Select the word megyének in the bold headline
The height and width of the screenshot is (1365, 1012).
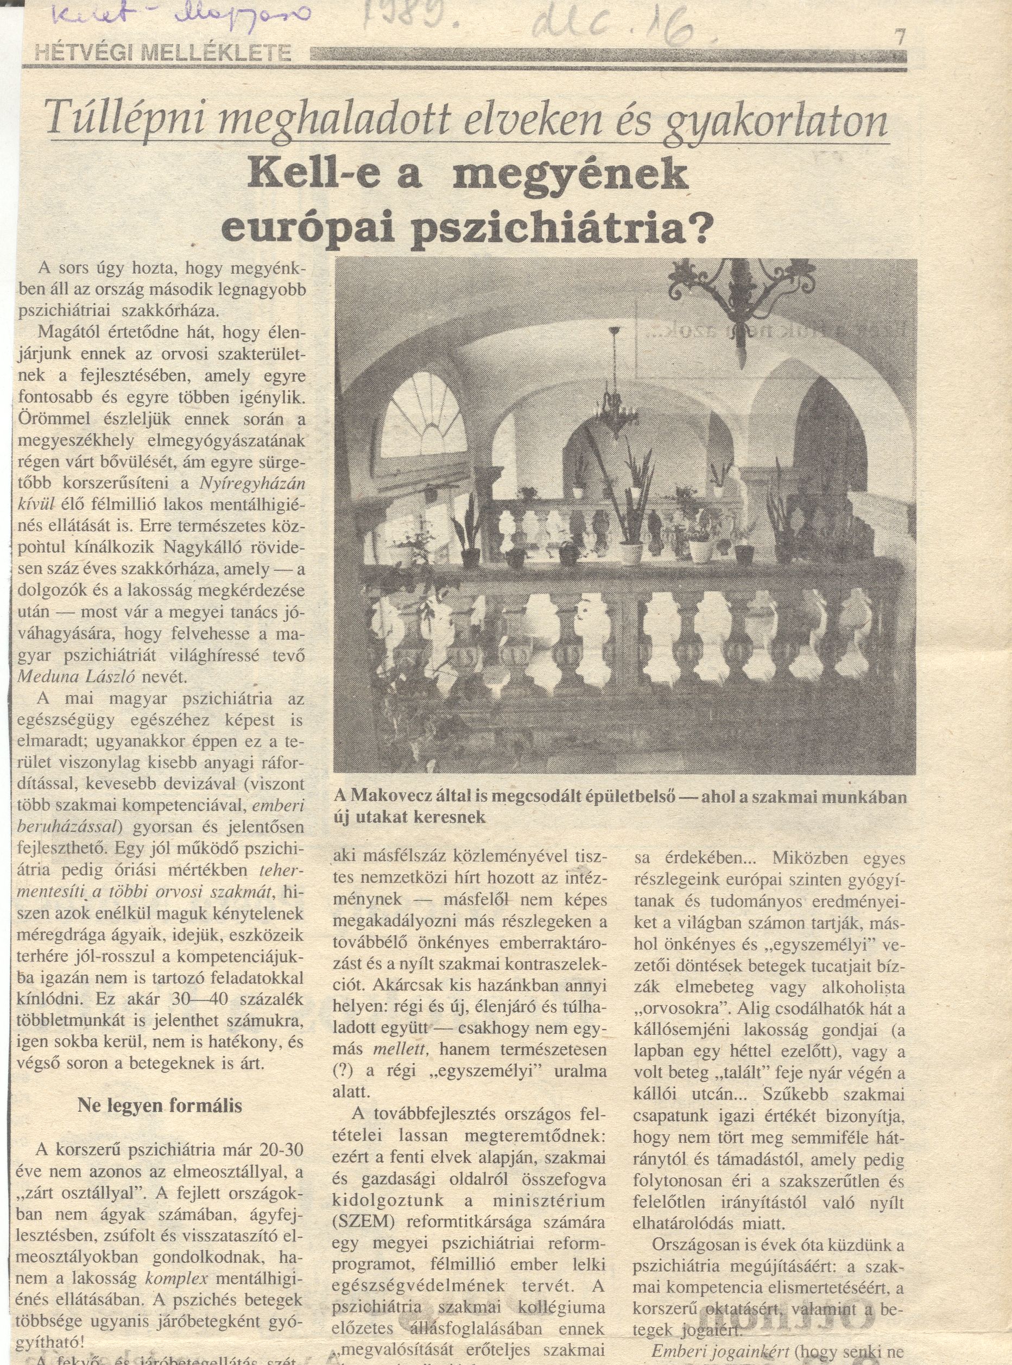point(569,176)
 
